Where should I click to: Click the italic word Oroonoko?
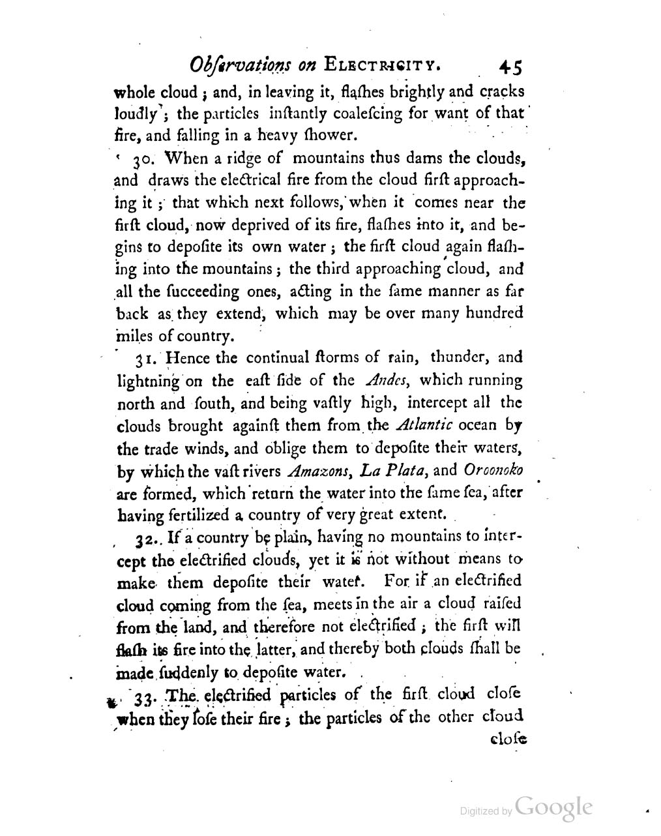pos(494,470)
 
